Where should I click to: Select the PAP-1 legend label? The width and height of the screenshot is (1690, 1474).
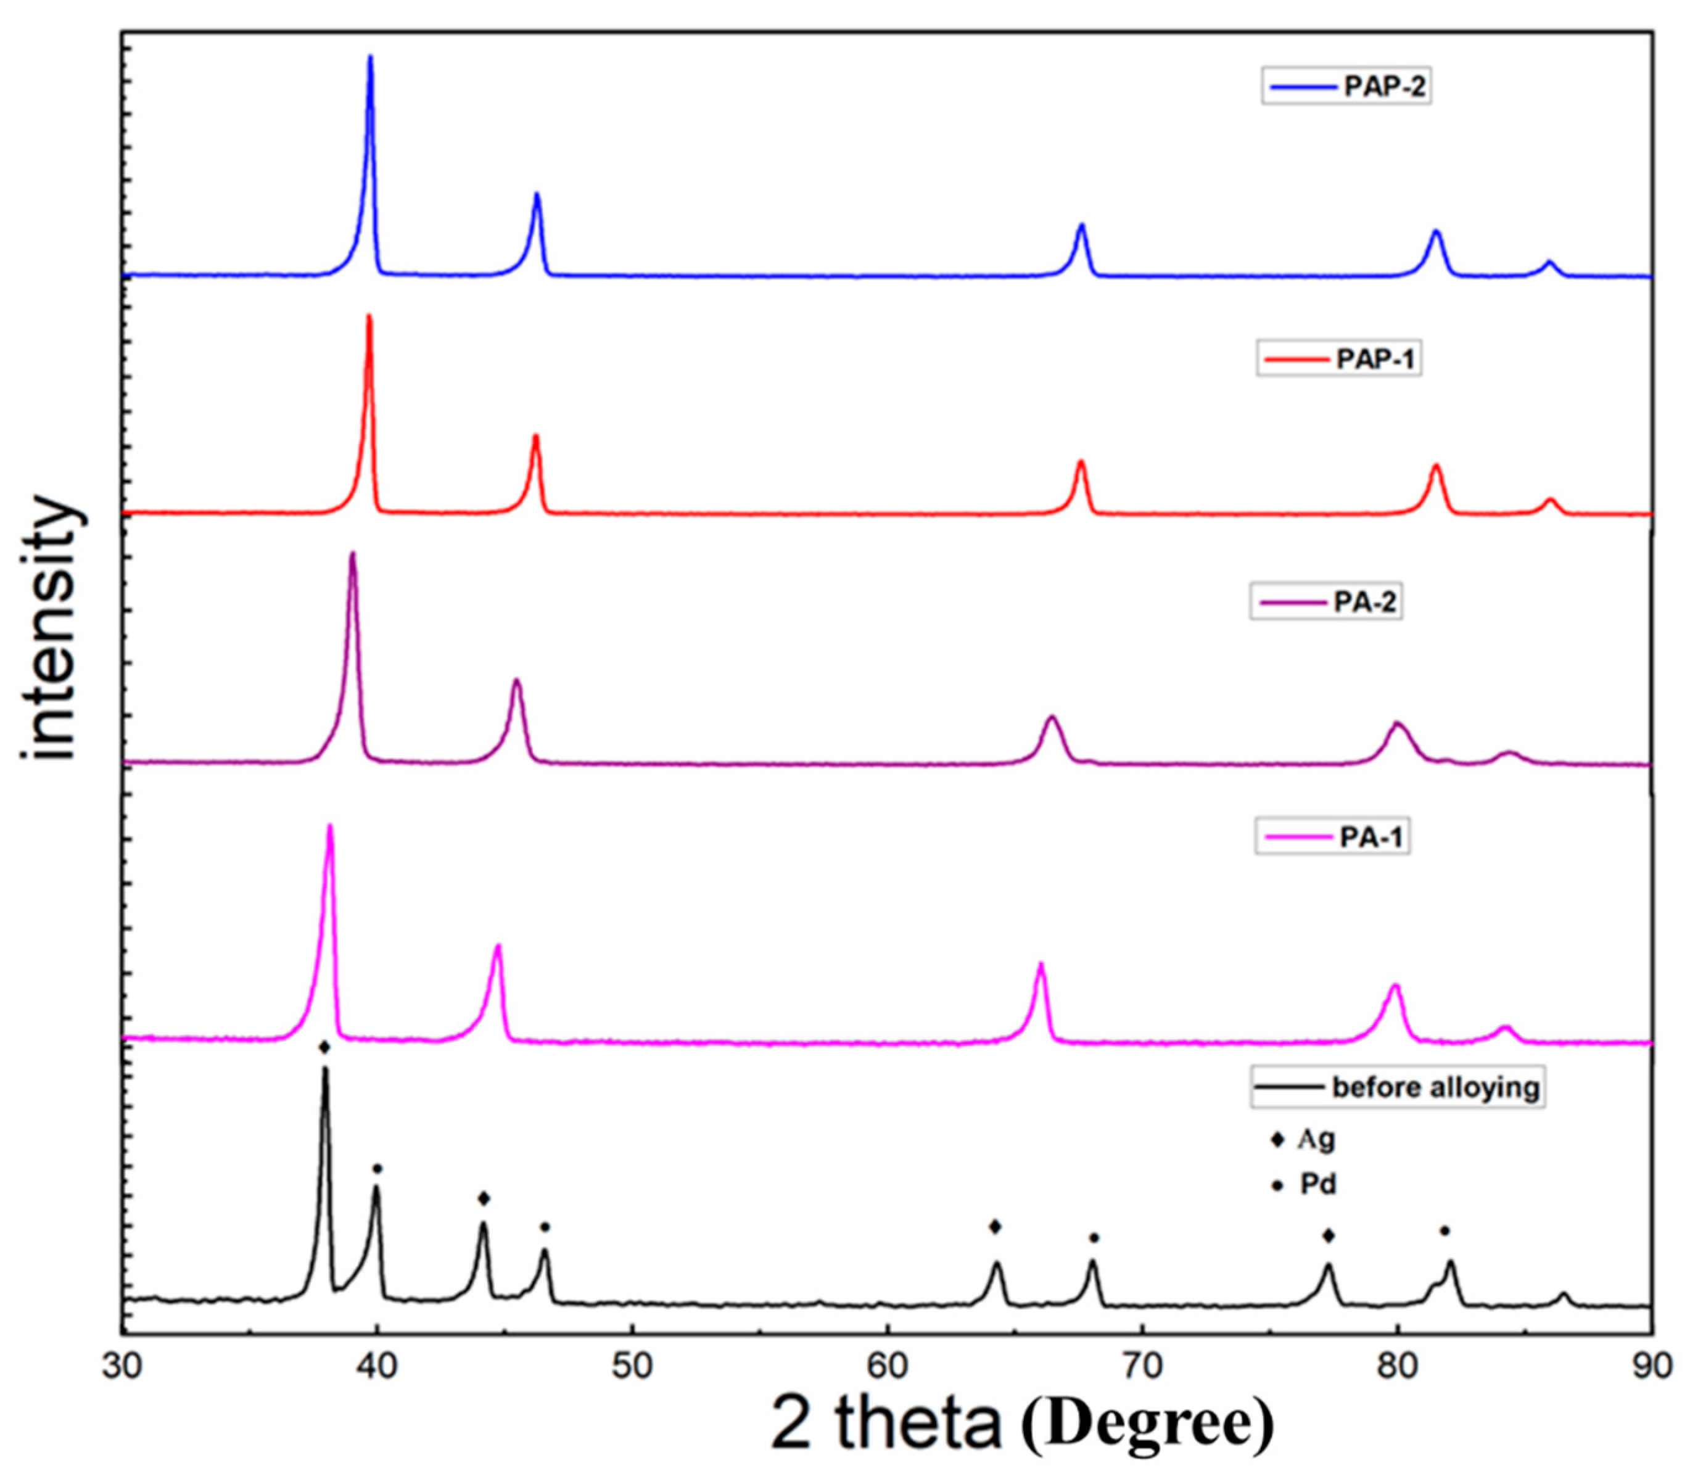click(x=1377, y=360)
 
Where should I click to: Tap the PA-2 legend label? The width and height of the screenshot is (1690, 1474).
click(x=1365, y=602)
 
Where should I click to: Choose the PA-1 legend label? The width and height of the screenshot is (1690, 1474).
click(x=1371, y=838)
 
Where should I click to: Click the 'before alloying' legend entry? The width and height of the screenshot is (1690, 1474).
click(x=1435, y=1087)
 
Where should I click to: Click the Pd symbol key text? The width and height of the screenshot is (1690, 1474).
click(x=1317, y=1185)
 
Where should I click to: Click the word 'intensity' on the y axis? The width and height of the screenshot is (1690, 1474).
click(x=51, y=629)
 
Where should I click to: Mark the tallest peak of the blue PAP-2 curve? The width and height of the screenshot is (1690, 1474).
click(x=370, y=57)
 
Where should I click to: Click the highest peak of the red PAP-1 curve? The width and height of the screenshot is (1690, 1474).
click(x=368, y=316)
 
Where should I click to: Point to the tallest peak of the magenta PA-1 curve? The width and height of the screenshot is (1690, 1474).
click(x=331, y=826)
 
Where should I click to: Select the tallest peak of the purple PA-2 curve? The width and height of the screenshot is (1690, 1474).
click(x=353, y=554)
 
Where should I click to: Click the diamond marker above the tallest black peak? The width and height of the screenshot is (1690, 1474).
click(x=325, y=1047)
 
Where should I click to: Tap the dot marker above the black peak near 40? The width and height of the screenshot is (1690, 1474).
click(x=377, y=1169)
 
